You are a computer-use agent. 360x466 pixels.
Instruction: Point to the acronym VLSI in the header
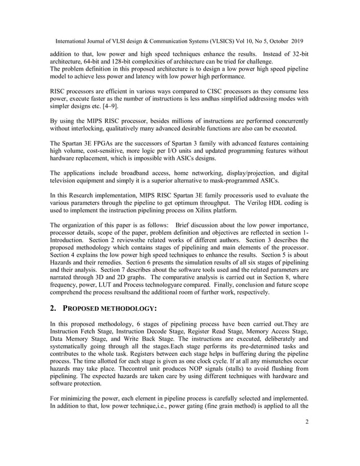[116, 40]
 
